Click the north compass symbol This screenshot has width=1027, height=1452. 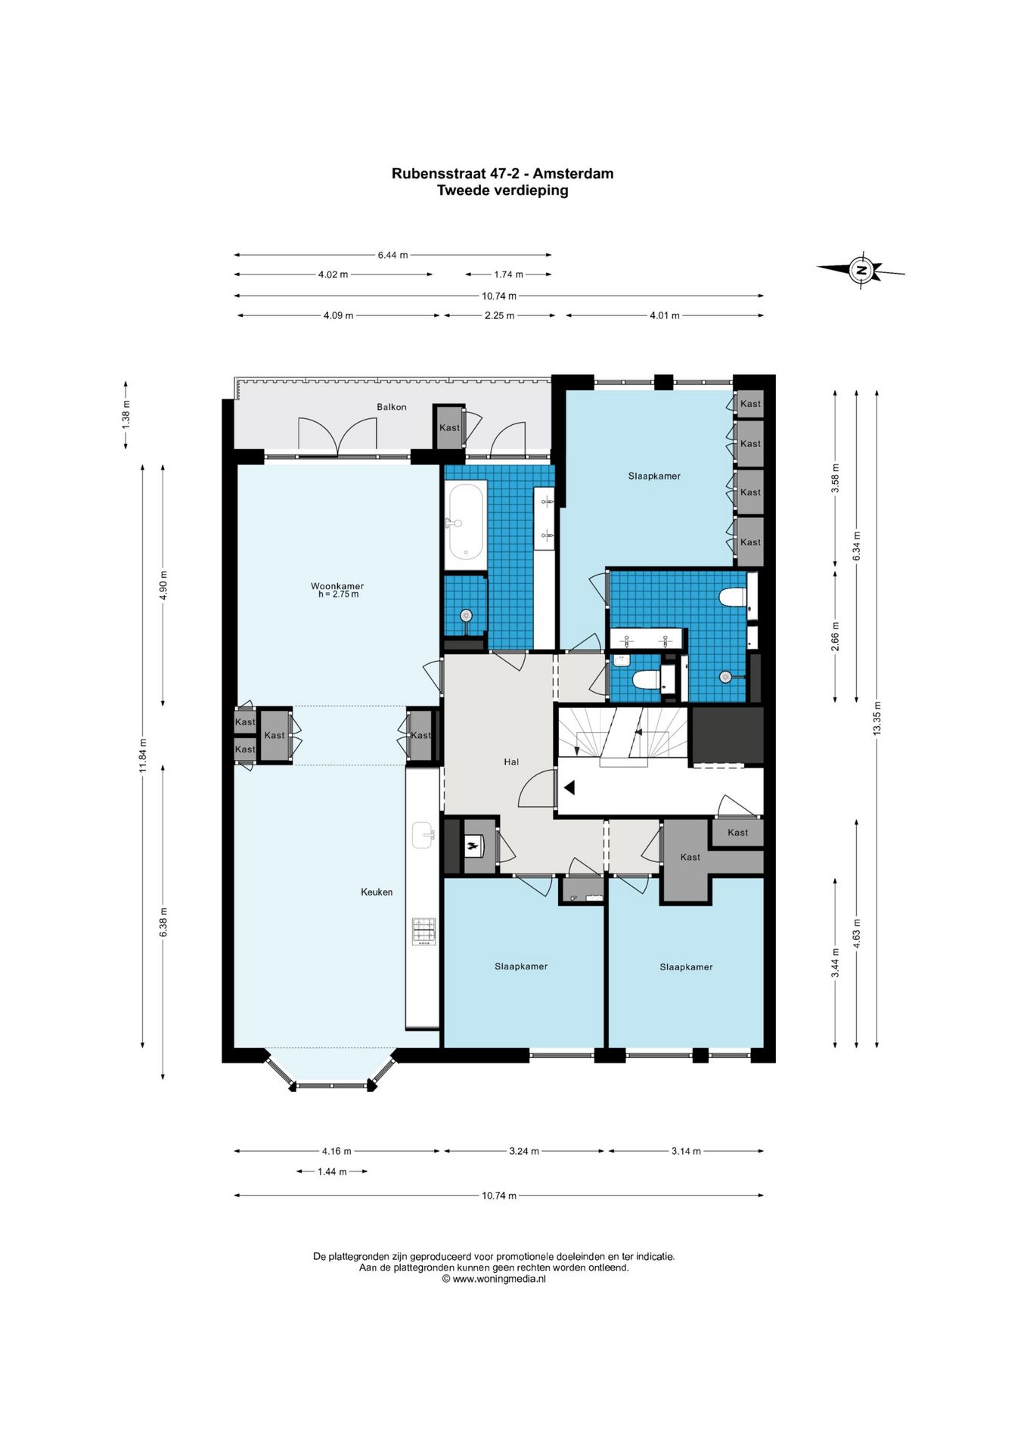[861, 270]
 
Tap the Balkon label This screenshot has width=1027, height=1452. [392, 407]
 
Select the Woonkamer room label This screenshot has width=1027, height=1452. [337, 586]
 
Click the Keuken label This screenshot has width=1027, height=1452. [377, 892]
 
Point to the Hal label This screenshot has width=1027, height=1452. [511, 762]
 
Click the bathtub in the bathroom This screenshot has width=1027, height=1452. [465, 522]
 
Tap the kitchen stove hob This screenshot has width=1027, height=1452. [424, 931]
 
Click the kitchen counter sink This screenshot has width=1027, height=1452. [424, 836]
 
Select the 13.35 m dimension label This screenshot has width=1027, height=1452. [877, 718]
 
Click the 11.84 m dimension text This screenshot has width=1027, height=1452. [143, 755]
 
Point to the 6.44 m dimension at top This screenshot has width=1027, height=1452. [392, 255]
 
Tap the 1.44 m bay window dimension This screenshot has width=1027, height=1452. [332, 1171]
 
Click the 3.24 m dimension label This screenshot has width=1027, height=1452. [524, 1151]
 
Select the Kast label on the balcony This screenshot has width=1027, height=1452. [449, 427]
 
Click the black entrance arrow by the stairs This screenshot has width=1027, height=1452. [569, 787]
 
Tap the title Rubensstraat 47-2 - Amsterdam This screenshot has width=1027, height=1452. [502, 173]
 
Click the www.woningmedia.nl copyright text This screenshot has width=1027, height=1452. [494, 1279]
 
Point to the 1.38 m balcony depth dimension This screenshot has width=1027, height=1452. [126, 414]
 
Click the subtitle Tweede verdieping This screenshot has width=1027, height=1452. [503, 191]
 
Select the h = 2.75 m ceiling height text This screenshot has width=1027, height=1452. [338, 594]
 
